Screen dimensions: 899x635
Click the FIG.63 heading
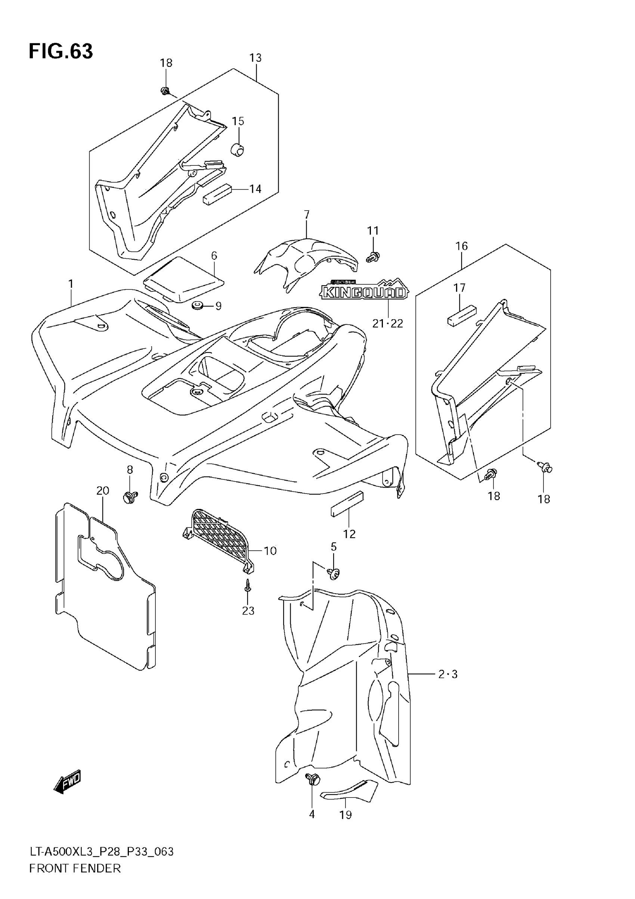[61, 51]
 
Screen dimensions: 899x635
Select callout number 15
[238, 121]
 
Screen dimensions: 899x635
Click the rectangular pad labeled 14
[217, 193]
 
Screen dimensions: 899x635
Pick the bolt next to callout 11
[373, 257]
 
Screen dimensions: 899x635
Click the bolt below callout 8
[130, 497]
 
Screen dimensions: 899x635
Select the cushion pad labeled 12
[347, 504]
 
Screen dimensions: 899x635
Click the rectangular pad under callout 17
[462, 315]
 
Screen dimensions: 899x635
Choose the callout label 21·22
[387, 323]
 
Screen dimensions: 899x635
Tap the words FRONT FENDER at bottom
[75, 879]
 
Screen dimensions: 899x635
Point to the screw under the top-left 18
[165, 91]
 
